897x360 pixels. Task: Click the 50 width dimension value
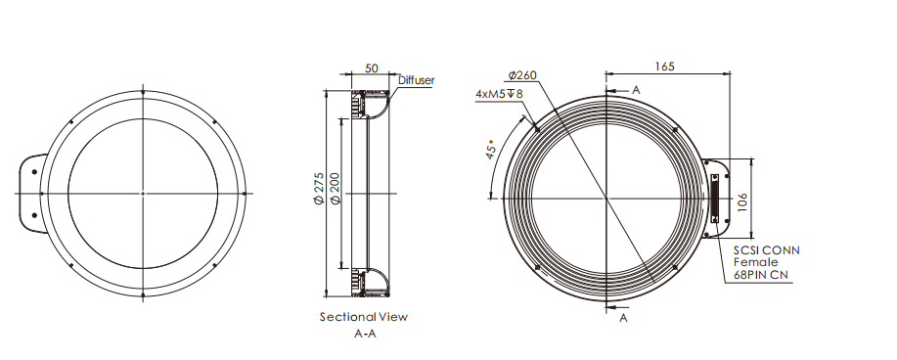372,68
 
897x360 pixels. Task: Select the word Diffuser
416,80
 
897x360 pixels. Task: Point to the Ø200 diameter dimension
336,188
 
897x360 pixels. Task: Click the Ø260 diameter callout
522,75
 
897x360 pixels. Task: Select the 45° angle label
490,149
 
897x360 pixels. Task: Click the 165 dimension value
664,66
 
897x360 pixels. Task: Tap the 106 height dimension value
742,202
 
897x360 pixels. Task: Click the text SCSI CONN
767,250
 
